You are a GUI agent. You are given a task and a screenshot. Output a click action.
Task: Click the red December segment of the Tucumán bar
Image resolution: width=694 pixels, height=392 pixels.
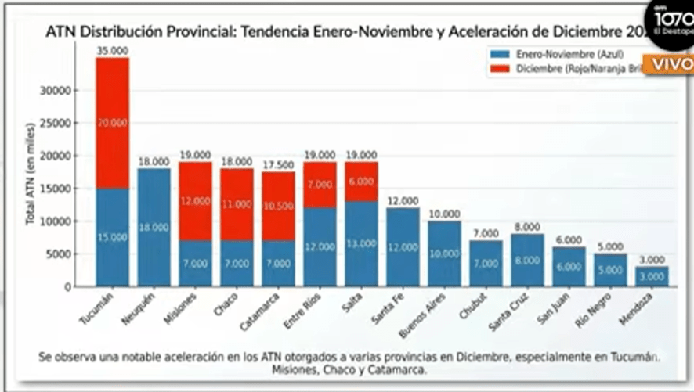pos(112,123)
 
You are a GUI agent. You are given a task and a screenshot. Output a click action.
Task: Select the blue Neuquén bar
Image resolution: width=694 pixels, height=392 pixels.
pos(154,227)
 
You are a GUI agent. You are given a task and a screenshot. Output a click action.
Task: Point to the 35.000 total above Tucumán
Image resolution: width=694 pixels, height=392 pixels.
pos(112,51)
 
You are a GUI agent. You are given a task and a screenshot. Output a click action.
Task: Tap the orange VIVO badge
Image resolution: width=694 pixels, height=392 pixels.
pos(669,64)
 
